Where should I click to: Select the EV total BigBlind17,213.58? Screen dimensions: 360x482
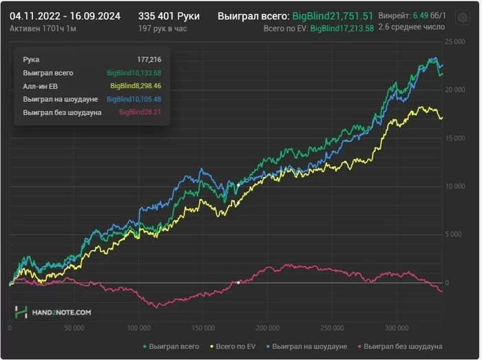[x=342, y=29]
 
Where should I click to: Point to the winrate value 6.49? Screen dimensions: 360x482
[x=421, y=15]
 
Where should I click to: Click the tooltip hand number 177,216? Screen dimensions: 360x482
[x=149, y=60]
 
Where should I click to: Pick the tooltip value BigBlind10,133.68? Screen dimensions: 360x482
[x=134, y=73]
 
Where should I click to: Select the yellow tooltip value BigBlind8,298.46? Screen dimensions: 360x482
[x=136, y=86]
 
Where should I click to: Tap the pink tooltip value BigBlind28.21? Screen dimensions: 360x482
[x=140, y=112]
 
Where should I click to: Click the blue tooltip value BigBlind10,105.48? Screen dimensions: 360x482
[x=134, y=99]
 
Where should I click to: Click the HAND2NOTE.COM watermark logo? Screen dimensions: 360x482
[x=53, y=312]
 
